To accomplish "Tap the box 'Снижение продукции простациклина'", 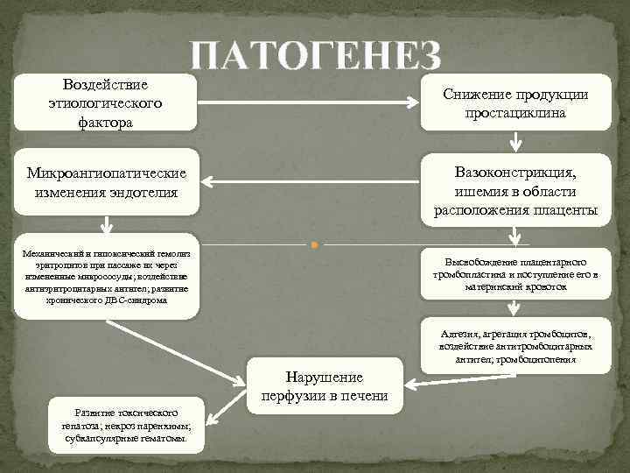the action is click(x=515, y=104).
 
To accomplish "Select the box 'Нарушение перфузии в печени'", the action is click(x=325, y=386).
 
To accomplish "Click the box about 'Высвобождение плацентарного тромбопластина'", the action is click(x=515, y=274).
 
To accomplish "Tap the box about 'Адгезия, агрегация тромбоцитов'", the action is click(x=515, y=346).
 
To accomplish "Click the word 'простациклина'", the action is click(x=515, y=114).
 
